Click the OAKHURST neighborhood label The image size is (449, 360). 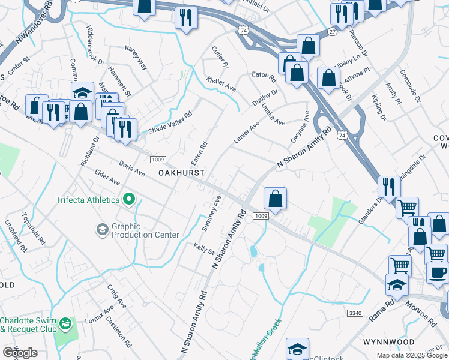point(182,172)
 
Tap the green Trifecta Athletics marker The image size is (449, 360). point(128,200)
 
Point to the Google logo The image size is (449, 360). point(20,353)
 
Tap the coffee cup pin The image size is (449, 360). point(437,272)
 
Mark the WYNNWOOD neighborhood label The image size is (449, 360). point(388,341)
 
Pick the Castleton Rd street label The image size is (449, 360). point(118,334)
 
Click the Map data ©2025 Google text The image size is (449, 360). point(412,355)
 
